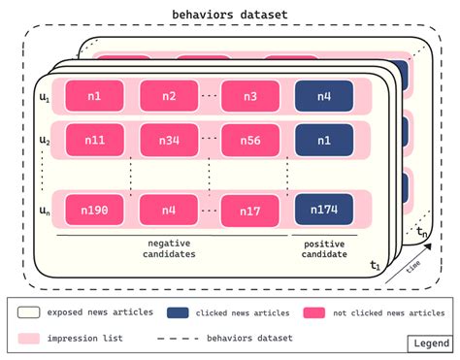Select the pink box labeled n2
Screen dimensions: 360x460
tap(169, 95)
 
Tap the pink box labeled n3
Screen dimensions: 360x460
tap(250, 95)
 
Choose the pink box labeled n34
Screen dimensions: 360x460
tap(169, 139)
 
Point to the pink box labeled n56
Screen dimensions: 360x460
tap(250, 139)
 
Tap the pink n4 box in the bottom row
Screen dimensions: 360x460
tap(169, 209)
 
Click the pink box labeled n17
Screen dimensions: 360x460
tap(250, 209)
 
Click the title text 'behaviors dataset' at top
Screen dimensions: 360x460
tap(230, 14)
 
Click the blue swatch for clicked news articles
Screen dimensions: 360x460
tap(179, 312)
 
